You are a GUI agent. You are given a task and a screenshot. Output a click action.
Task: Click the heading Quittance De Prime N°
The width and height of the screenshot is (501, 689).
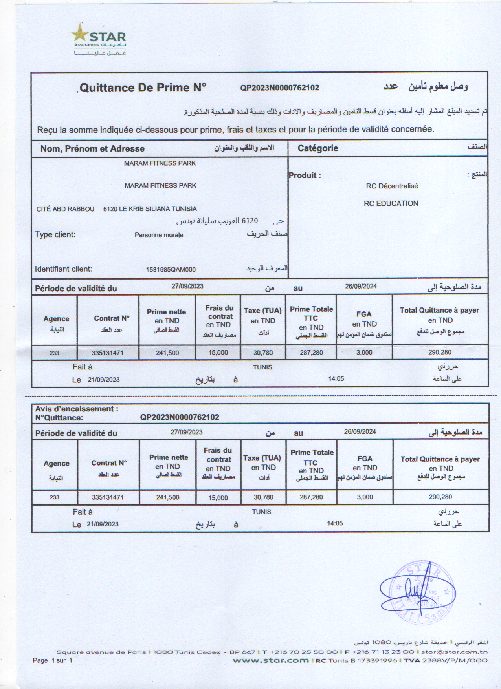point(143,87)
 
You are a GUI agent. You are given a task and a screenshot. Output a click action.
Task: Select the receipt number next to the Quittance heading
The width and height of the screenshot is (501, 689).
point(279,88)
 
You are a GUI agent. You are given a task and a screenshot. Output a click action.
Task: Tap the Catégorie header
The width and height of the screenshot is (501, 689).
point(317,148)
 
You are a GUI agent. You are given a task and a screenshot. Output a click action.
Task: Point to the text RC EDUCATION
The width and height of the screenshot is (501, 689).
point(391,203)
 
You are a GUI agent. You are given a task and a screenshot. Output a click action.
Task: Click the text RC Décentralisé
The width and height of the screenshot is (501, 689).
point(392,186)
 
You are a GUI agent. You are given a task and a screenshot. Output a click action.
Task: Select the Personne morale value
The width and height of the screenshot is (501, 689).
point(159,235)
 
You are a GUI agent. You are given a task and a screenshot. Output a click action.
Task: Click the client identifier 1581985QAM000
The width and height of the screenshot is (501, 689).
point(171,269)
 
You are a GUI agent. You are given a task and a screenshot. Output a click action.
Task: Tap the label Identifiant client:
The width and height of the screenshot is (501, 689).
point(63,269)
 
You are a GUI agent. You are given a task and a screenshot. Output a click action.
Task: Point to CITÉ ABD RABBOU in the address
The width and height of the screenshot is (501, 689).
point(65,209)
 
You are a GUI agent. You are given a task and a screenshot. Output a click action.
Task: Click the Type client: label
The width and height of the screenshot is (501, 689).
point(55,234)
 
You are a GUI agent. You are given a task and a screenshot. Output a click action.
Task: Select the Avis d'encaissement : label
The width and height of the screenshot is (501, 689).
point(77,409)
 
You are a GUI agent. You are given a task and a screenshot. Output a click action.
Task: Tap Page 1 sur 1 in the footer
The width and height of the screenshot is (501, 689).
point(53,660)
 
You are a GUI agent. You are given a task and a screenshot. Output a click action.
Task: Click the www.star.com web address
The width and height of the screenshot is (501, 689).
point(271,660)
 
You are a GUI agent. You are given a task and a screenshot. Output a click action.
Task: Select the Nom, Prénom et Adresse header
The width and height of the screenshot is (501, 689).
point(92,148)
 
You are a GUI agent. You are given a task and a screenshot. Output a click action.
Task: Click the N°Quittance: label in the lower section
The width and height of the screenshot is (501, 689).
point(59,418)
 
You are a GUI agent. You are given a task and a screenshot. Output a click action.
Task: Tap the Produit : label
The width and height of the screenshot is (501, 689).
point(305,175)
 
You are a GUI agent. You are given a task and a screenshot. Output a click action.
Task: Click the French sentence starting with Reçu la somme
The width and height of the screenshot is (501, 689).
point(235,129)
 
